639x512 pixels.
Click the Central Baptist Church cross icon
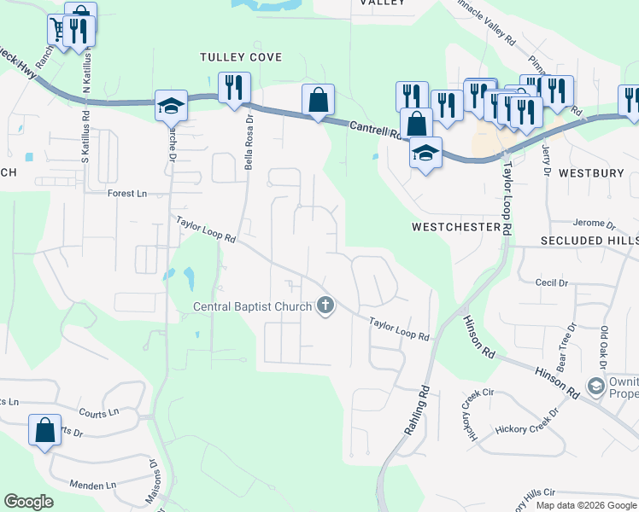pos(325,305)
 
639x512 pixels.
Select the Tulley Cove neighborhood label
pos(240,57)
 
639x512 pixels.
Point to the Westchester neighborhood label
pos(455,227)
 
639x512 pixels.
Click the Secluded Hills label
pos(589,241)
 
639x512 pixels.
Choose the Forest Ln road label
pos(127,194)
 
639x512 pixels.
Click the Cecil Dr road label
pos(551,282)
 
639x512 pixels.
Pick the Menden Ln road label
pos(93,486)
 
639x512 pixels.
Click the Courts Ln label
pos(98,413)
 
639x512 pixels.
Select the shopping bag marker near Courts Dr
pos(44,431)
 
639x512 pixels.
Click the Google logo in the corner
pos(28,502)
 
